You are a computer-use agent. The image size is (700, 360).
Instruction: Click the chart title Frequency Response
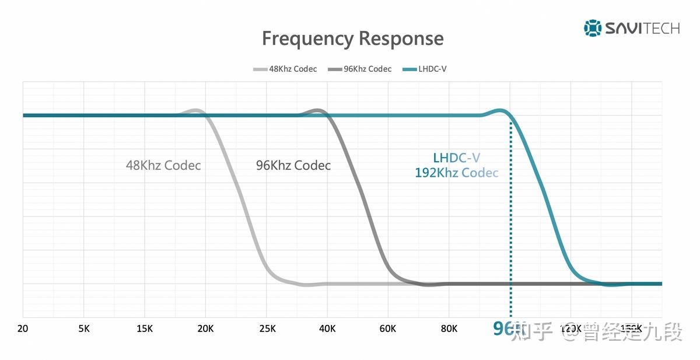coord(352,39)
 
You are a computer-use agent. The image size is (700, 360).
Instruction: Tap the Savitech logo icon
coord(592,27)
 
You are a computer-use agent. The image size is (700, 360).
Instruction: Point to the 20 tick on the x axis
coord(23,328)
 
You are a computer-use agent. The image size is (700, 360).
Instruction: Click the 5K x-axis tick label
coord(84,328)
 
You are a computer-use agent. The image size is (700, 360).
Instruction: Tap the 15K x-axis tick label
coord(145,328)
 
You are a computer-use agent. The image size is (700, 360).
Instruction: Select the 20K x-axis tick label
coord(205,328)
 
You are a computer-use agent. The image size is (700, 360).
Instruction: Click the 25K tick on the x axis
coord(266,328)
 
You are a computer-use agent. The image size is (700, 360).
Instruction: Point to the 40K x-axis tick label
coord(327,328)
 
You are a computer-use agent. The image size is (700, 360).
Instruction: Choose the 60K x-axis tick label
coord(388,328)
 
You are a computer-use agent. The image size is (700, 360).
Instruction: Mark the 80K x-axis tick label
coord(449,328)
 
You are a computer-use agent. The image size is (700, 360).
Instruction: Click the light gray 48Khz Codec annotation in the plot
coord(163,165)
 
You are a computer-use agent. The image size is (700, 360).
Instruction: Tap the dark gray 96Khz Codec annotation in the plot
coord(293,165)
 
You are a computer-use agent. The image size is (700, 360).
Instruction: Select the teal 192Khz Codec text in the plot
coord(457,173)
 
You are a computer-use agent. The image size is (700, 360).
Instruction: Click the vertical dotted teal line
coord(511,222)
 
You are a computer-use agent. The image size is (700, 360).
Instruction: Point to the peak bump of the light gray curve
coord(195,110)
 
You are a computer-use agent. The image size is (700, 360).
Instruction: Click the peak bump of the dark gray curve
coord(317,110)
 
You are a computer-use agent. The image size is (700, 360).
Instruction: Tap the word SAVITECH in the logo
coord(642,27)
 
